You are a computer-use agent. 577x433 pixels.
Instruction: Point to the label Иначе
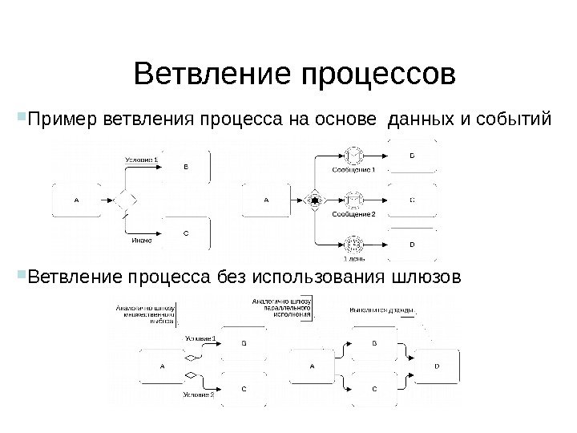(143, 237)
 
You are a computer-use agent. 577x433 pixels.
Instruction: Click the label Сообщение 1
(353, 170)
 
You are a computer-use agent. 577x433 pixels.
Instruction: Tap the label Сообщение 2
(353, 214)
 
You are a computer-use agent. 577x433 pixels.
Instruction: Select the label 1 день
(353, 258)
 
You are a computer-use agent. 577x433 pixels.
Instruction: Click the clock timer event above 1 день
(353, 243)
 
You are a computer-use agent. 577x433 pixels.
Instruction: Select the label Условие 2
(198, 395)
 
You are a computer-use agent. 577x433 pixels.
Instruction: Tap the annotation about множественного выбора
(147, 312)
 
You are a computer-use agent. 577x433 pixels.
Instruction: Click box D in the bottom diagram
(437, 366)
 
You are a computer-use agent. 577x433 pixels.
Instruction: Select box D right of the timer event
(413, 244)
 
